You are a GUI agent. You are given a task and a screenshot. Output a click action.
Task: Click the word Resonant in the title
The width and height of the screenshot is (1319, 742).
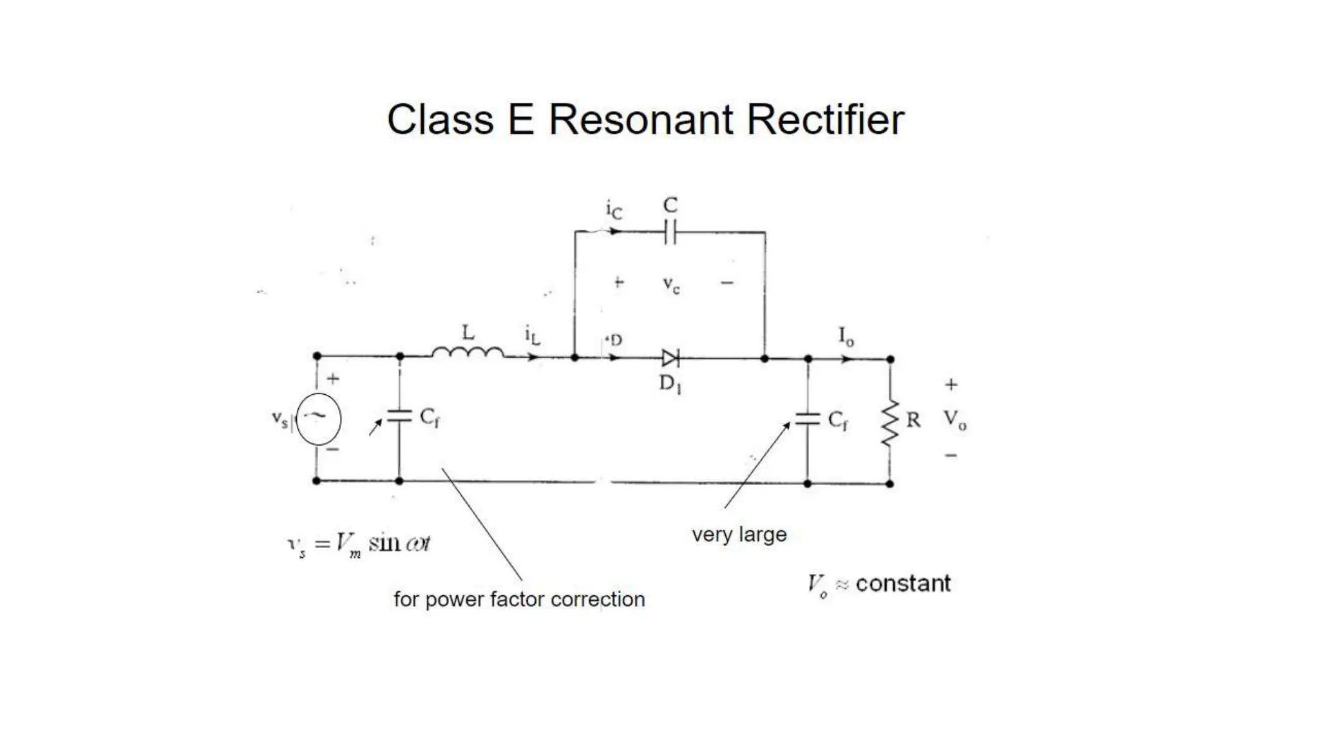(x=640, y=120)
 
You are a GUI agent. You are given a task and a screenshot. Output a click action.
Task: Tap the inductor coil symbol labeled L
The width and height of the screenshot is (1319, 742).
(x=468, y=352)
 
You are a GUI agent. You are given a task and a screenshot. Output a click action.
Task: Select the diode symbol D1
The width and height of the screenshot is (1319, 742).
(x=670, y=358)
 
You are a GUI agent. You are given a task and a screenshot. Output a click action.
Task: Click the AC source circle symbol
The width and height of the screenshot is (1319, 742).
(x=318, y=419)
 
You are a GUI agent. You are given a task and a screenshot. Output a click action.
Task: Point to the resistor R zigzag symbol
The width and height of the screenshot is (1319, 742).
(x=889, y=423)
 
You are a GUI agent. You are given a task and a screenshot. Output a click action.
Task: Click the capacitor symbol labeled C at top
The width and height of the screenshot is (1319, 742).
(x=670, y=232)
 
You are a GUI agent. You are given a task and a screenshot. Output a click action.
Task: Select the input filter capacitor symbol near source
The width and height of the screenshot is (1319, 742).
(x=399, y=415)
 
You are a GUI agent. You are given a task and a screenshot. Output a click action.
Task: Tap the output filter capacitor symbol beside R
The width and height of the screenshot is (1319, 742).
(x=808, y=419)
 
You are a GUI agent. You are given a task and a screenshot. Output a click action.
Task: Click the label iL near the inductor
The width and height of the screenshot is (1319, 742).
(x=532, y=336)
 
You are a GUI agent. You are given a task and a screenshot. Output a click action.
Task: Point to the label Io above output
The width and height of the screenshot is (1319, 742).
(x=846, y=336)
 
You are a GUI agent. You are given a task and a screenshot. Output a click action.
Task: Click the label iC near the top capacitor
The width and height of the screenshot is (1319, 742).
(x=614, y=210)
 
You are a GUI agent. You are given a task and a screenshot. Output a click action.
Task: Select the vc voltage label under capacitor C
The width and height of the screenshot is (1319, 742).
(x=671, y=284)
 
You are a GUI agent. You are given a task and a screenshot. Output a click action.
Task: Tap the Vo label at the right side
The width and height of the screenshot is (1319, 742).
(x=954, y=420)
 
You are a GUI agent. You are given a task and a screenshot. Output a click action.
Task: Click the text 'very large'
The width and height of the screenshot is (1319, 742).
(x=739, y=535)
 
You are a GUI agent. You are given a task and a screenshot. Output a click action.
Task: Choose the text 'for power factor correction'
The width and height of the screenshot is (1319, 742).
(x=519, y=600)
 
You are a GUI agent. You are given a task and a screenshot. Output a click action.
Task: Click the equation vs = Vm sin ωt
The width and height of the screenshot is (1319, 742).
(x=358, y=545)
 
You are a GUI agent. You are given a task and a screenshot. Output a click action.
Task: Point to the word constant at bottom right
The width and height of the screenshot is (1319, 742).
(x=903, y=584)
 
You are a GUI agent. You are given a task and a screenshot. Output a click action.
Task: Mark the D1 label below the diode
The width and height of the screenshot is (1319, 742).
(x=670, y=384)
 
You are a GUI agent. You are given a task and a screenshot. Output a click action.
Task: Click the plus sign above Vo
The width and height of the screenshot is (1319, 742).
(x=951, y=385)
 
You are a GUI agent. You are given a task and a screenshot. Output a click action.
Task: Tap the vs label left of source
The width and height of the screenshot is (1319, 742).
(x=280, y=419)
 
